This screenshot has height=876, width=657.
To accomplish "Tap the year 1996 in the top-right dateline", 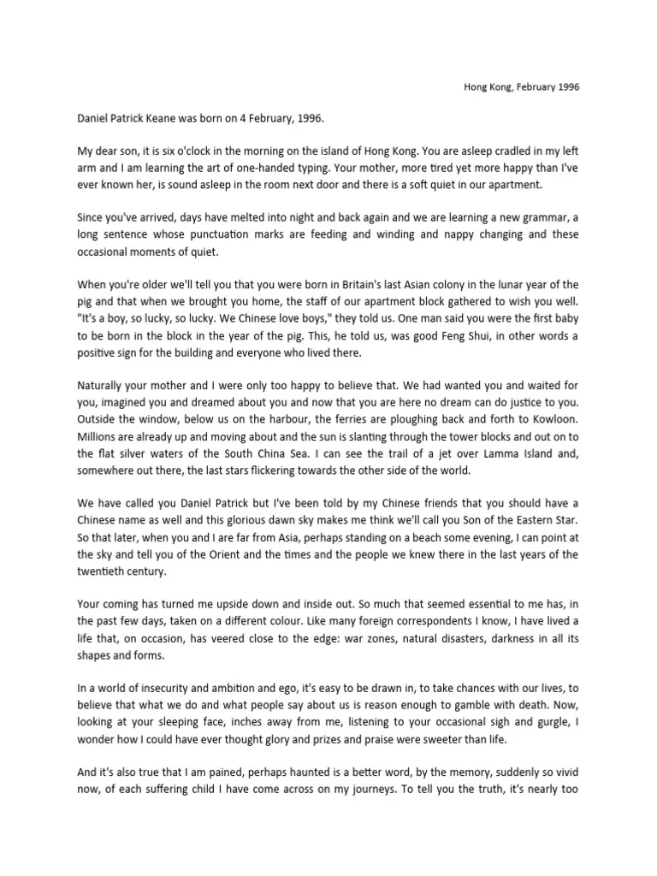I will [x=565, y=88].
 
